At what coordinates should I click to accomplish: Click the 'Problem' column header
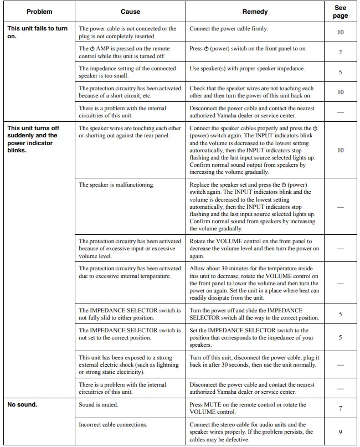(39, 12)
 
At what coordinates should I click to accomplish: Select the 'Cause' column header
(130, 12)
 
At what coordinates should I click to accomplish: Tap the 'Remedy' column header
(255, 12)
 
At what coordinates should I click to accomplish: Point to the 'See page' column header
(340, 12)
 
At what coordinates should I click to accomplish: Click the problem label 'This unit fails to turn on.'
(38, 32)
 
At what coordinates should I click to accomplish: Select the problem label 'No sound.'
(22, 404)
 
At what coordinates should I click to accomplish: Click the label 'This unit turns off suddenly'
(33, 131)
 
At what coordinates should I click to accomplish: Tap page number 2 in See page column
(340, 52)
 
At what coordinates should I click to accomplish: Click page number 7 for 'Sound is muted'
(340, 408)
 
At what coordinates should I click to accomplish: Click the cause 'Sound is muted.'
(99, 404)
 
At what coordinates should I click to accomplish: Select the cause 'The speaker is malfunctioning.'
(116, 184)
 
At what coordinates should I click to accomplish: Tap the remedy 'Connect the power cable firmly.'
(228, 28)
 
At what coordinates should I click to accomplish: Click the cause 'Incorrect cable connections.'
(113, 424)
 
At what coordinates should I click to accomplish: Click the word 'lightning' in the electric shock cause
(161, 364)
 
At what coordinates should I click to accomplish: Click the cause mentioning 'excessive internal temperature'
(130, 272)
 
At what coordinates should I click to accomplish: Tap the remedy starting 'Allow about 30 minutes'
(254, 283)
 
